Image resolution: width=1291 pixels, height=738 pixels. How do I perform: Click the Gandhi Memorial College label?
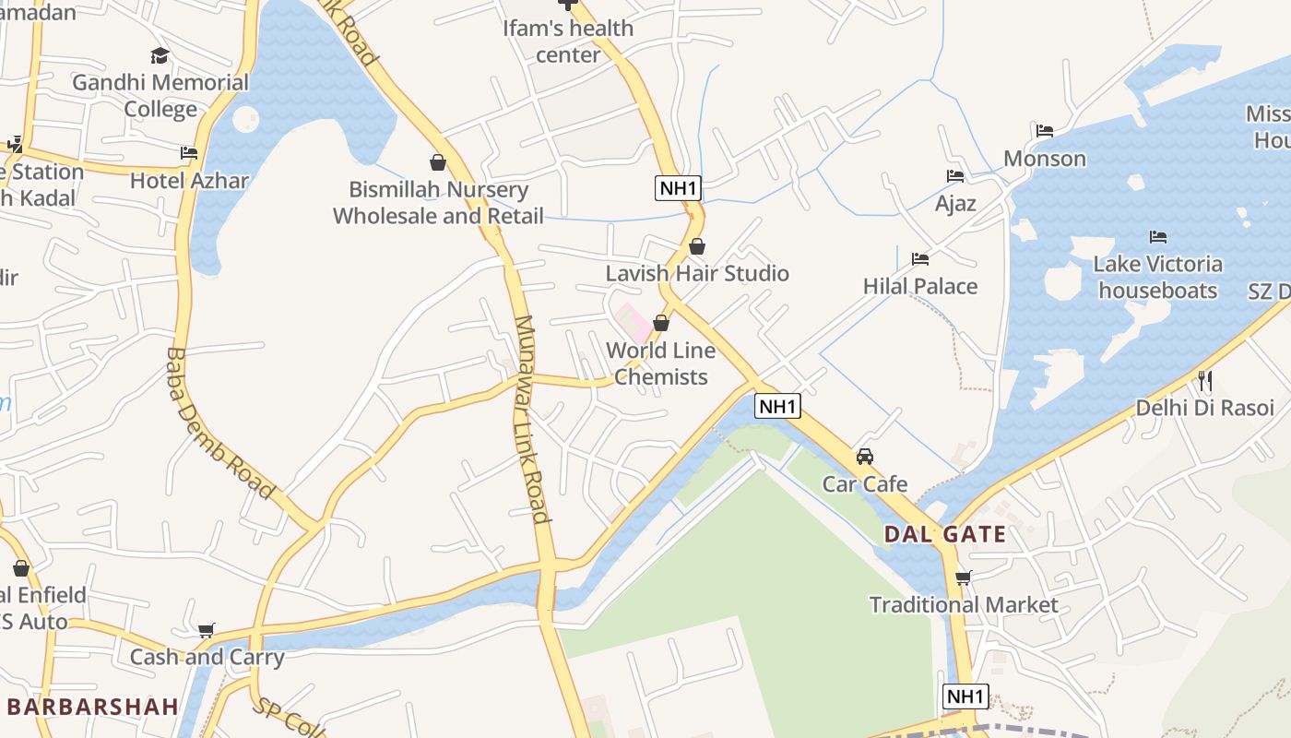coord(160,96)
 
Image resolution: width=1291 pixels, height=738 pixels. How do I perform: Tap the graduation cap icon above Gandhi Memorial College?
coord(160,56)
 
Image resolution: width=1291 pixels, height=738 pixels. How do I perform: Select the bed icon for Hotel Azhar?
coord(189,152)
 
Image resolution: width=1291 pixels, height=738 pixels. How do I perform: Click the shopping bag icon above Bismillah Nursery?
coord(438,163)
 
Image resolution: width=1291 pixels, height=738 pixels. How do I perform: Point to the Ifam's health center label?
coord(568,42)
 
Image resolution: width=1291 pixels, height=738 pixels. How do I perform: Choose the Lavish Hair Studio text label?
coord(697,273)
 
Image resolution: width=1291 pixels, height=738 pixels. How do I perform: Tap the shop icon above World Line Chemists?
coord(661,323)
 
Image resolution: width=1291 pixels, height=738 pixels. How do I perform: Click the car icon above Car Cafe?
coord(865,456)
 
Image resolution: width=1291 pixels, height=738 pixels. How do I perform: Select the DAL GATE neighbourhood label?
coord(945,534)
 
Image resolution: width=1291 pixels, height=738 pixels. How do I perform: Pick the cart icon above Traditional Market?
coord(964,577)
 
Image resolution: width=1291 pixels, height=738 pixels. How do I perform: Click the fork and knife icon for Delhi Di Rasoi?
coord(1204,379)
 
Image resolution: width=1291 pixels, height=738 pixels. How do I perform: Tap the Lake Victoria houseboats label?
coord(1158,278)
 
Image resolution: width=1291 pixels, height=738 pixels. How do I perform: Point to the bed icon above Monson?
coord(1045,131)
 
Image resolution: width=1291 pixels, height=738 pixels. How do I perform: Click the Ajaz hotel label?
coord(955,203)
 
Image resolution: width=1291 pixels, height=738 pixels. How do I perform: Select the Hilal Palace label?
coord(920,286)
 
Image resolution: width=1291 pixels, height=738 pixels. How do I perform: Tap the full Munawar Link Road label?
coord(532,419)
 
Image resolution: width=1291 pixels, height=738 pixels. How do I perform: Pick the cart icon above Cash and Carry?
coord(207,630)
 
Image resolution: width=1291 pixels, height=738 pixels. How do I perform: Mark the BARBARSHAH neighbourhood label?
coord(92,707)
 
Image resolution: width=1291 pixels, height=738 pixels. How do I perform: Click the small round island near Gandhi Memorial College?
coord(246,119)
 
